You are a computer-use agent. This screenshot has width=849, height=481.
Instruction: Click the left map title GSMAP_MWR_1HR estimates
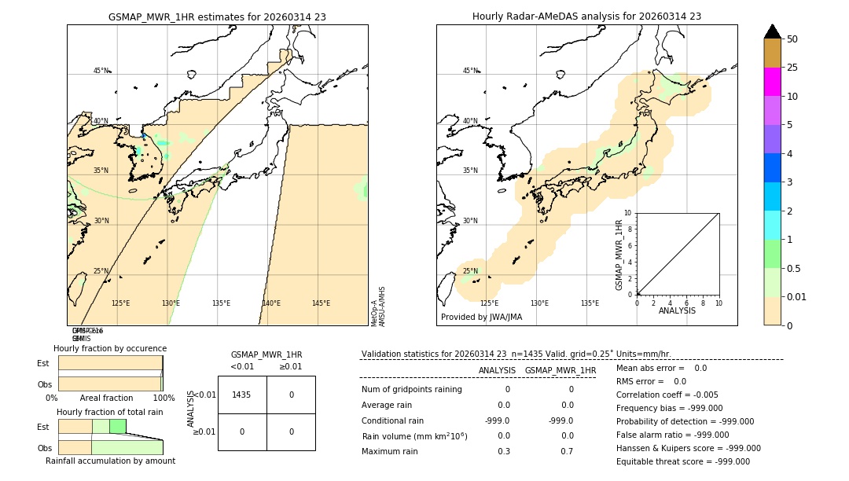click(x=217, y=16)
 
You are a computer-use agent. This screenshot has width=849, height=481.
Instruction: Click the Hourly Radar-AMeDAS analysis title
click(x=586, y=16)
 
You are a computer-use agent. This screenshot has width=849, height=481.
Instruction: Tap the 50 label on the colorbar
click(x=792, y=39)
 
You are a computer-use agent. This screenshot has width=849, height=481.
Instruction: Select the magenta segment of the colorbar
click(x=772, y=82)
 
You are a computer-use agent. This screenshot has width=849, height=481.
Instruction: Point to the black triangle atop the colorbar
click(x=772, y=31)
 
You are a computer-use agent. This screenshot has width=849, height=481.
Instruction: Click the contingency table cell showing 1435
click(x=242, y=395)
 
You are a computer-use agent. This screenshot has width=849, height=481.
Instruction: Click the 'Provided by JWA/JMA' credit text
click(x=481, y=317)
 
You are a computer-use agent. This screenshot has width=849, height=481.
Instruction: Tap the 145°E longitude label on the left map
click(x=321, y=303)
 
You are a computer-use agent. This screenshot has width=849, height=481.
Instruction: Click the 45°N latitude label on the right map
click(x=470, y=71)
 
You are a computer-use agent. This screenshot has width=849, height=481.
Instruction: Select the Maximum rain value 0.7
click(x=567, y=451)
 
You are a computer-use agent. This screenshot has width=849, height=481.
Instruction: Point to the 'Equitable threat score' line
click(x=682, y=461)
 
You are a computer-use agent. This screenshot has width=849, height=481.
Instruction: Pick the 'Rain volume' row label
click(x=414, y=435)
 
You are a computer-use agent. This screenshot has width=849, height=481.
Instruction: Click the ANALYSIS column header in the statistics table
click(x=497, y=370)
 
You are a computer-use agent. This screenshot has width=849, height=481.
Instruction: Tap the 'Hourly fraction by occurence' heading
click(x=110, y=348)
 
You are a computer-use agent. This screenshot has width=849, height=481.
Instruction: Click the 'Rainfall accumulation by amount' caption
click(x=110, y=461)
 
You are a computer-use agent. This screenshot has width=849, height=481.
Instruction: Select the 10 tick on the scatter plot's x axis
click(x=718, y=303)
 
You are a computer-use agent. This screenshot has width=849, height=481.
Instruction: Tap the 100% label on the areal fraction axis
click(x=164, y=398)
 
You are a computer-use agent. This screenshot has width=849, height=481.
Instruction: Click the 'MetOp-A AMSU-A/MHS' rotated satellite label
click(x=378, y=307)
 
